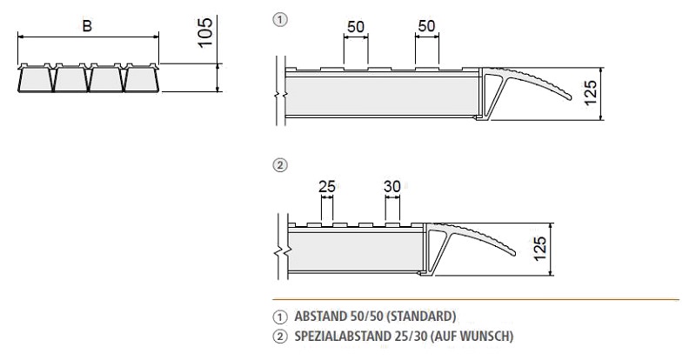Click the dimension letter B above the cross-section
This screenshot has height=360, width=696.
87,26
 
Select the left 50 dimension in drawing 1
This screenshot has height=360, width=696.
355,27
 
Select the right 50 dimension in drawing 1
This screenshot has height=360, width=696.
426,27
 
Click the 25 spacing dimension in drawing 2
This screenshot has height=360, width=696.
328,185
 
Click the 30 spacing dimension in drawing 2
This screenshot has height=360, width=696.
393,185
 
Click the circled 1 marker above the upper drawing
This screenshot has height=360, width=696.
278,19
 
